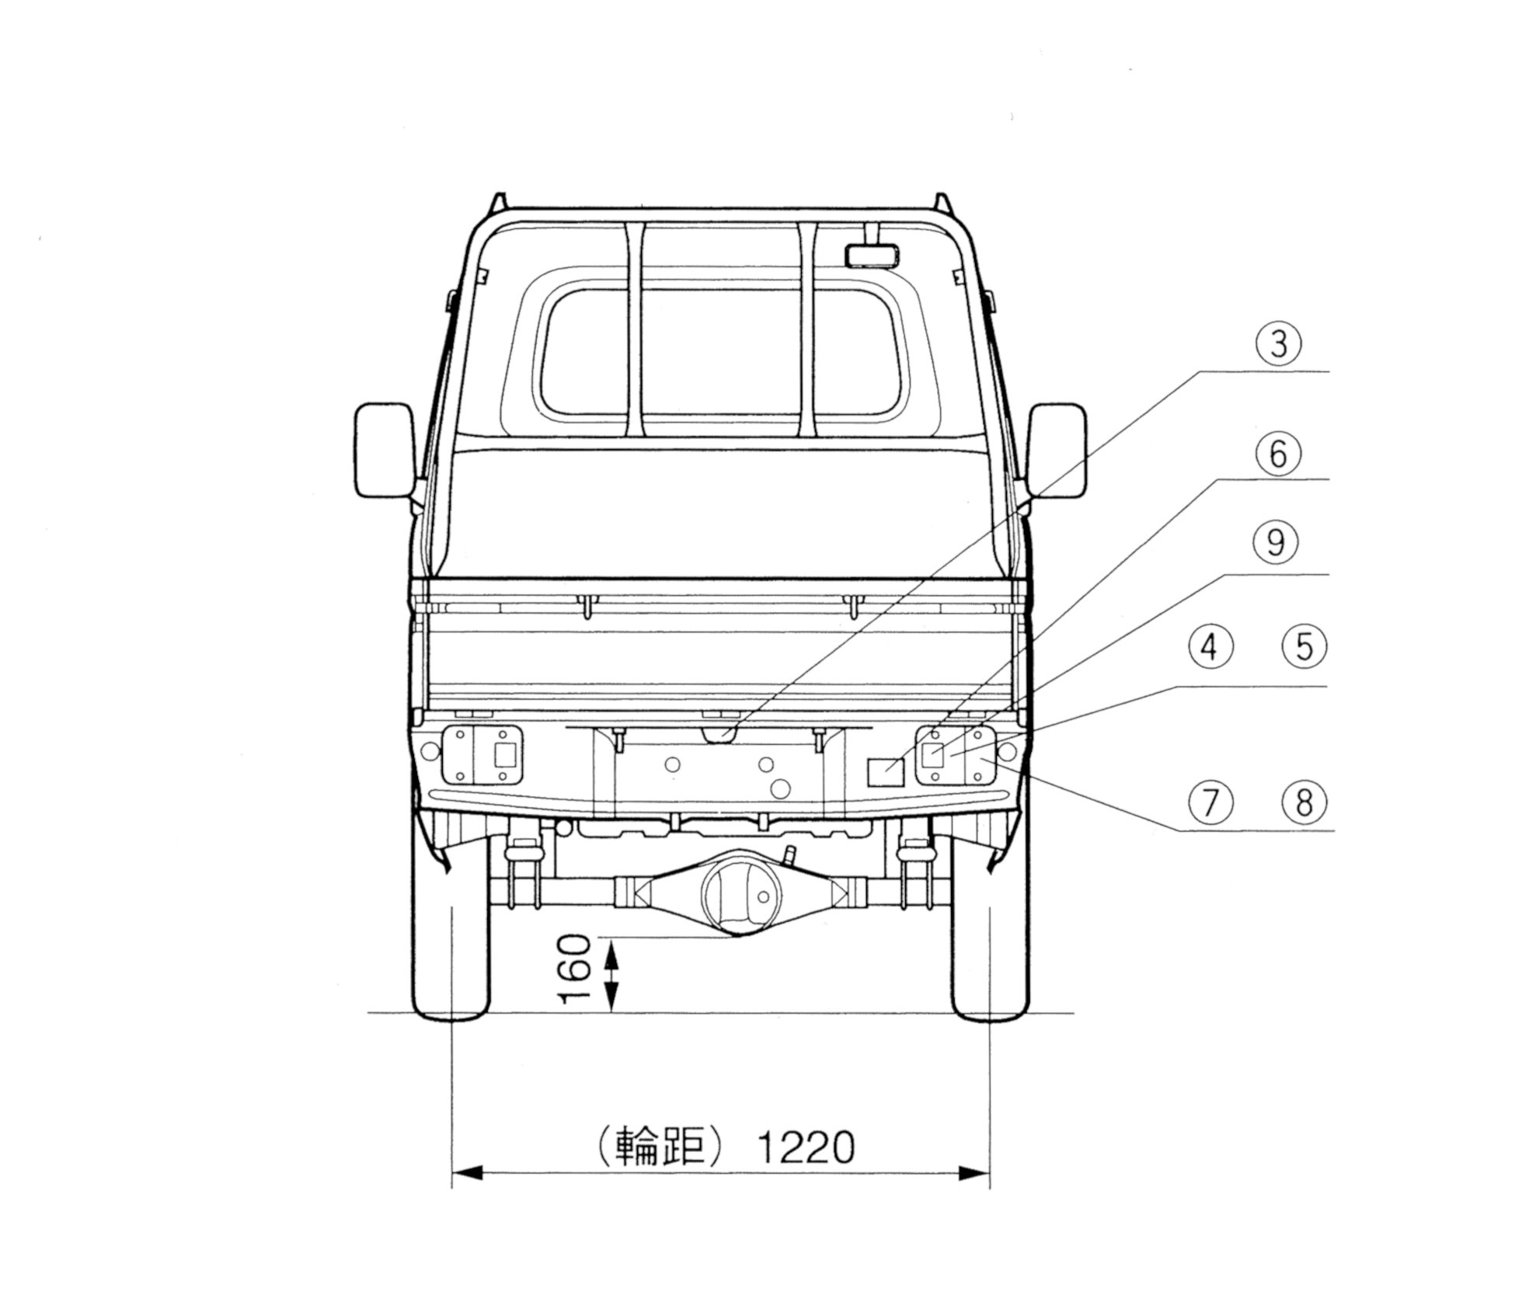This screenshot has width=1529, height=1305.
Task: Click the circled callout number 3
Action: click(x=1279, y=343)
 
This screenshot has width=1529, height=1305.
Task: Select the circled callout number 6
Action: click(x=1278, y=454)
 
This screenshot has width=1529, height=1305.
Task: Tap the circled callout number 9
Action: click(x=1276, y=542)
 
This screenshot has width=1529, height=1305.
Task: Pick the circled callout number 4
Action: click(x=1210, y=646)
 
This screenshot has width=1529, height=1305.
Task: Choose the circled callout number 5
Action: click(x=1304, y=646)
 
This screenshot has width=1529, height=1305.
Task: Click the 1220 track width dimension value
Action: click(x=806, y=1147)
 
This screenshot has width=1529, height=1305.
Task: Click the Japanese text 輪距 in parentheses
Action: click(x=660, y=1147)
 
